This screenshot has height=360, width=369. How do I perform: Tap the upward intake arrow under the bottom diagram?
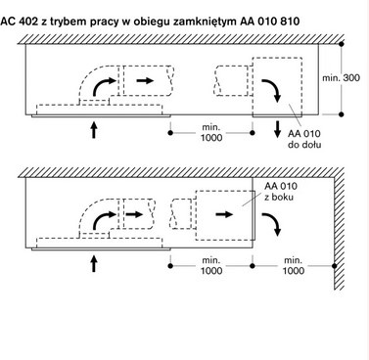[94, 261]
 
